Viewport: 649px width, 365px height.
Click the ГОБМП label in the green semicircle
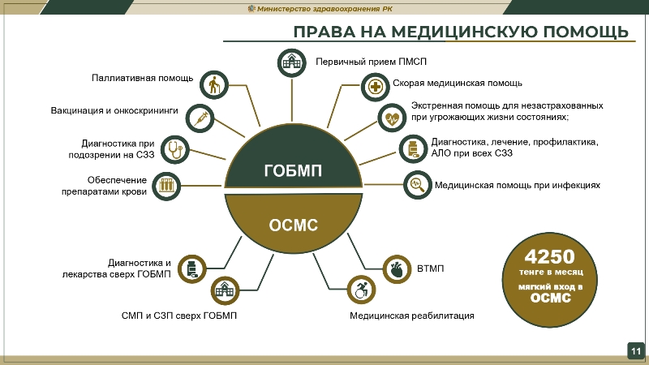293,170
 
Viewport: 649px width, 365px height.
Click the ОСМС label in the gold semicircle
293,225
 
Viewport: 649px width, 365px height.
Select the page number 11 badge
635,350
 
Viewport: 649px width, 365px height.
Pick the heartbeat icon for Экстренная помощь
393,117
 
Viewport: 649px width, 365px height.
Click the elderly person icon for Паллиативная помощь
213,84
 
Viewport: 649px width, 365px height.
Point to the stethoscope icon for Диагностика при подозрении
175,148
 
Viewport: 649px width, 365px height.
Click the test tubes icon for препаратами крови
166,185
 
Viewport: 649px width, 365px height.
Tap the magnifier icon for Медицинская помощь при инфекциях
417,185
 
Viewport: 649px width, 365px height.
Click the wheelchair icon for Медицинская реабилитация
361,289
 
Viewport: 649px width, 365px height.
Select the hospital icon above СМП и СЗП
224,290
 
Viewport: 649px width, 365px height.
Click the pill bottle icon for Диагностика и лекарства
191,269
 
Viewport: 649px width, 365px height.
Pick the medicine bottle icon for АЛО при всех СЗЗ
413,148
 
